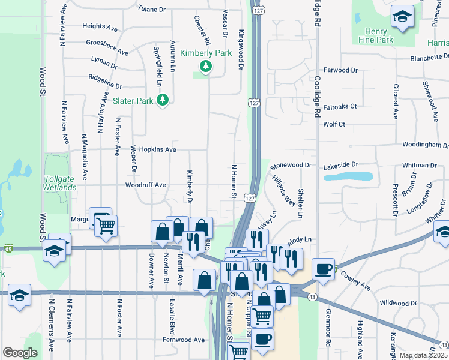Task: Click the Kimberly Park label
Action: coord(208,53)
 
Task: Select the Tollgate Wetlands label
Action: coord(60,183)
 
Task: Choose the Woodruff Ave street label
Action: coord(145,185)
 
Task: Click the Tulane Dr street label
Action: coord(151,10)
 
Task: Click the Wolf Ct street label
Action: coord(334,124)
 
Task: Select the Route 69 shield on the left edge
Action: coord(8,248)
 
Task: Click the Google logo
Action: coord(20,353)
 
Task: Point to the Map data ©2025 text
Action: coord(424,355)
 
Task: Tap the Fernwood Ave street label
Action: coord(184,340)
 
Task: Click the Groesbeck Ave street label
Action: coord(107,46)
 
